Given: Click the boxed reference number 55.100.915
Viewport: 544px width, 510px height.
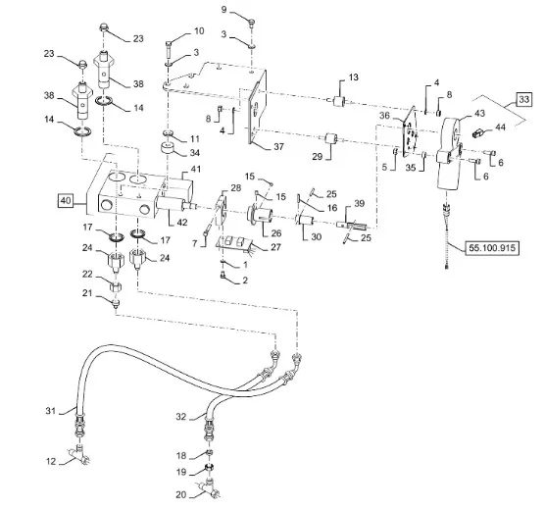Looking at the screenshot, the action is (492, 248).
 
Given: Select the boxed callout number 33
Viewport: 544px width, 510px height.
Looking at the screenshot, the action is (523, 100).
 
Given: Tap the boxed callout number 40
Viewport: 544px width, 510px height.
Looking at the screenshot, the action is (66, 201).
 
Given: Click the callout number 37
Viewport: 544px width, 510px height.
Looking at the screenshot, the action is (279, 147).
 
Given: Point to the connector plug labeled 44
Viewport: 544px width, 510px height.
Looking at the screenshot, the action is (478, 133).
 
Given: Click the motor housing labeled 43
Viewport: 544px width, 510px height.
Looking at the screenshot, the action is (450, 153).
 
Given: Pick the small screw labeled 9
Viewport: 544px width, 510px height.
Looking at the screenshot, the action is (252, 24).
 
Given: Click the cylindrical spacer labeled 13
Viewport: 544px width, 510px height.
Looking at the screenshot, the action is (338, 101).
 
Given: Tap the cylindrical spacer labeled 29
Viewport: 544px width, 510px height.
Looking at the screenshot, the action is (331, 139).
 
